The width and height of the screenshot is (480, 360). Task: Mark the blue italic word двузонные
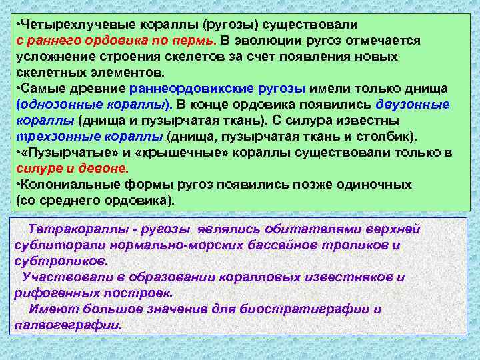[413, 105]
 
